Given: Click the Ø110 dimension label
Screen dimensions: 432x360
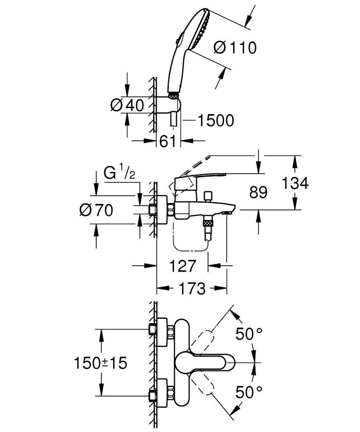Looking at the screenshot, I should click(235, 48).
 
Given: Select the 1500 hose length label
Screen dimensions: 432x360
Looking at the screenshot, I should click(215, 120).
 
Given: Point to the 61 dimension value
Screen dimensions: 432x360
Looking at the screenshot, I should click(168, 141).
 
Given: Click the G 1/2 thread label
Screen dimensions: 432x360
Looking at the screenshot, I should click(120, 174).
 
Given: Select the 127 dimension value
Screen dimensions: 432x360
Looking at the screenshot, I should click(183, 266).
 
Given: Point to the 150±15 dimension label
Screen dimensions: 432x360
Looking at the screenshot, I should click(100, 363).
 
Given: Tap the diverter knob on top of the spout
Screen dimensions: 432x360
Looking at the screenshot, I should click(207, 196).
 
